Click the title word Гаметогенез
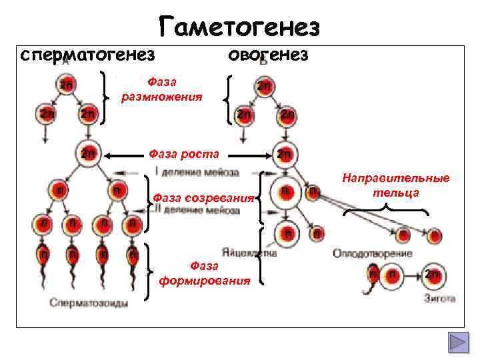pos(241,27)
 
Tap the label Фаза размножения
pos(162,89)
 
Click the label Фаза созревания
pos(203,197)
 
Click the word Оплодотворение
pos(372,253)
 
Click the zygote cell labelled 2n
pos(432,274)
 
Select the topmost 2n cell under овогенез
pos(265,86)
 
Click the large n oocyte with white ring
pos(284,193)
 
